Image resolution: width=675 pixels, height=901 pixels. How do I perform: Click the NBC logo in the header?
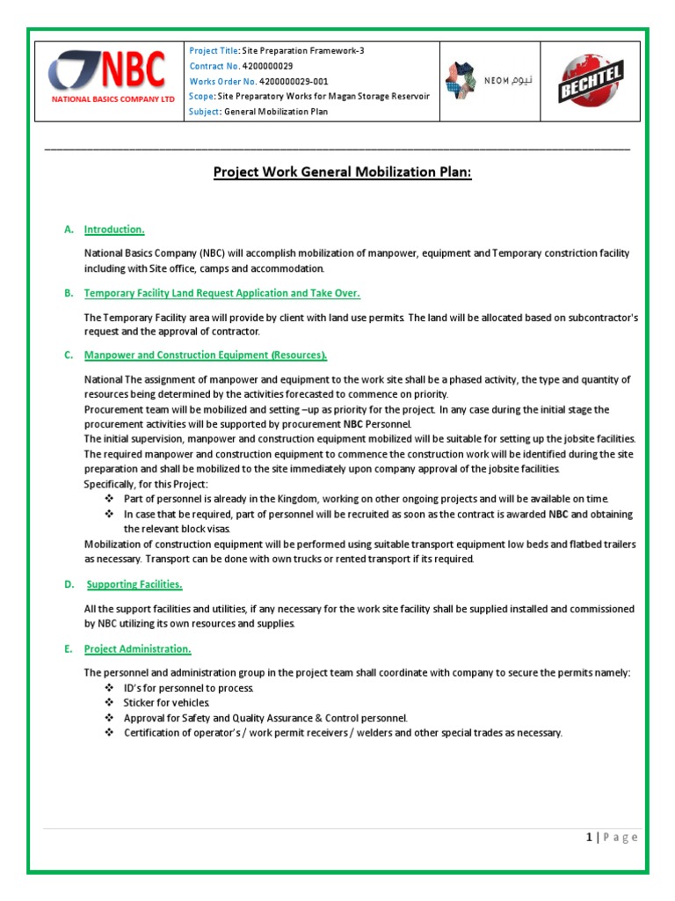pos(106,70)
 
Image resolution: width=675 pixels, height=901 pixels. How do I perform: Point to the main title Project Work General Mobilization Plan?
pos(343,172)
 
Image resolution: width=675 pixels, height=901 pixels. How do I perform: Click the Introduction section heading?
pos(114,230)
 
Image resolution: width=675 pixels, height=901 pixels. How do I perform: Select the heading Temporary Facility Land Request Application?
pos(221,293)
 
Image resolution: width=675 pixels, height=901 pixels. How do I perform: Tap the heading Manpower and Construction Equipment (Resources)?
pos(206,355)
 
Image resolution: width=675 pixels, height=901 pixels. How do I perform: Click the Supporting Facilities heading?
pos(134,584)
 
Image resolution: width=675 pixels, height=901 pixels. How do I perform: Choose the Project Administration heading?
pos(137,648)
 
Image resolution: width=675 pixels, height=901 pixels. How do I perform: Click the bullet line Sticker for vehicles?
pos(167,703)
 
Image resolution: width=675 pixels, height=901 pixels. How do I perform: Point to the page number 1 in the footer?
pos(589,838)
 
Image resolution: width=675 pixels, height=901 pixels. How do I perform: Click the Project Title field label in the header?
pos(214,51)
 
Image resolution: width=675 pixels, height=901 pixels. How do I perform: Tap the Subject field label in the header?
pos(206,112)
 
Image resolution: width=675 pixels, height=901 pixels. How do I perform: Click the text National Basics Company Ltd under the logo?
pos(112,100)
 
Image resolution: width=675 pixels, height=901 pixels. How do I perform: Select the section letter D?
pos(69,584)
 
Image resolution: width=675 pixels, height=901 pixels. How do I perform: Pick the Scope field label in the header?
pos(201,96)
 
